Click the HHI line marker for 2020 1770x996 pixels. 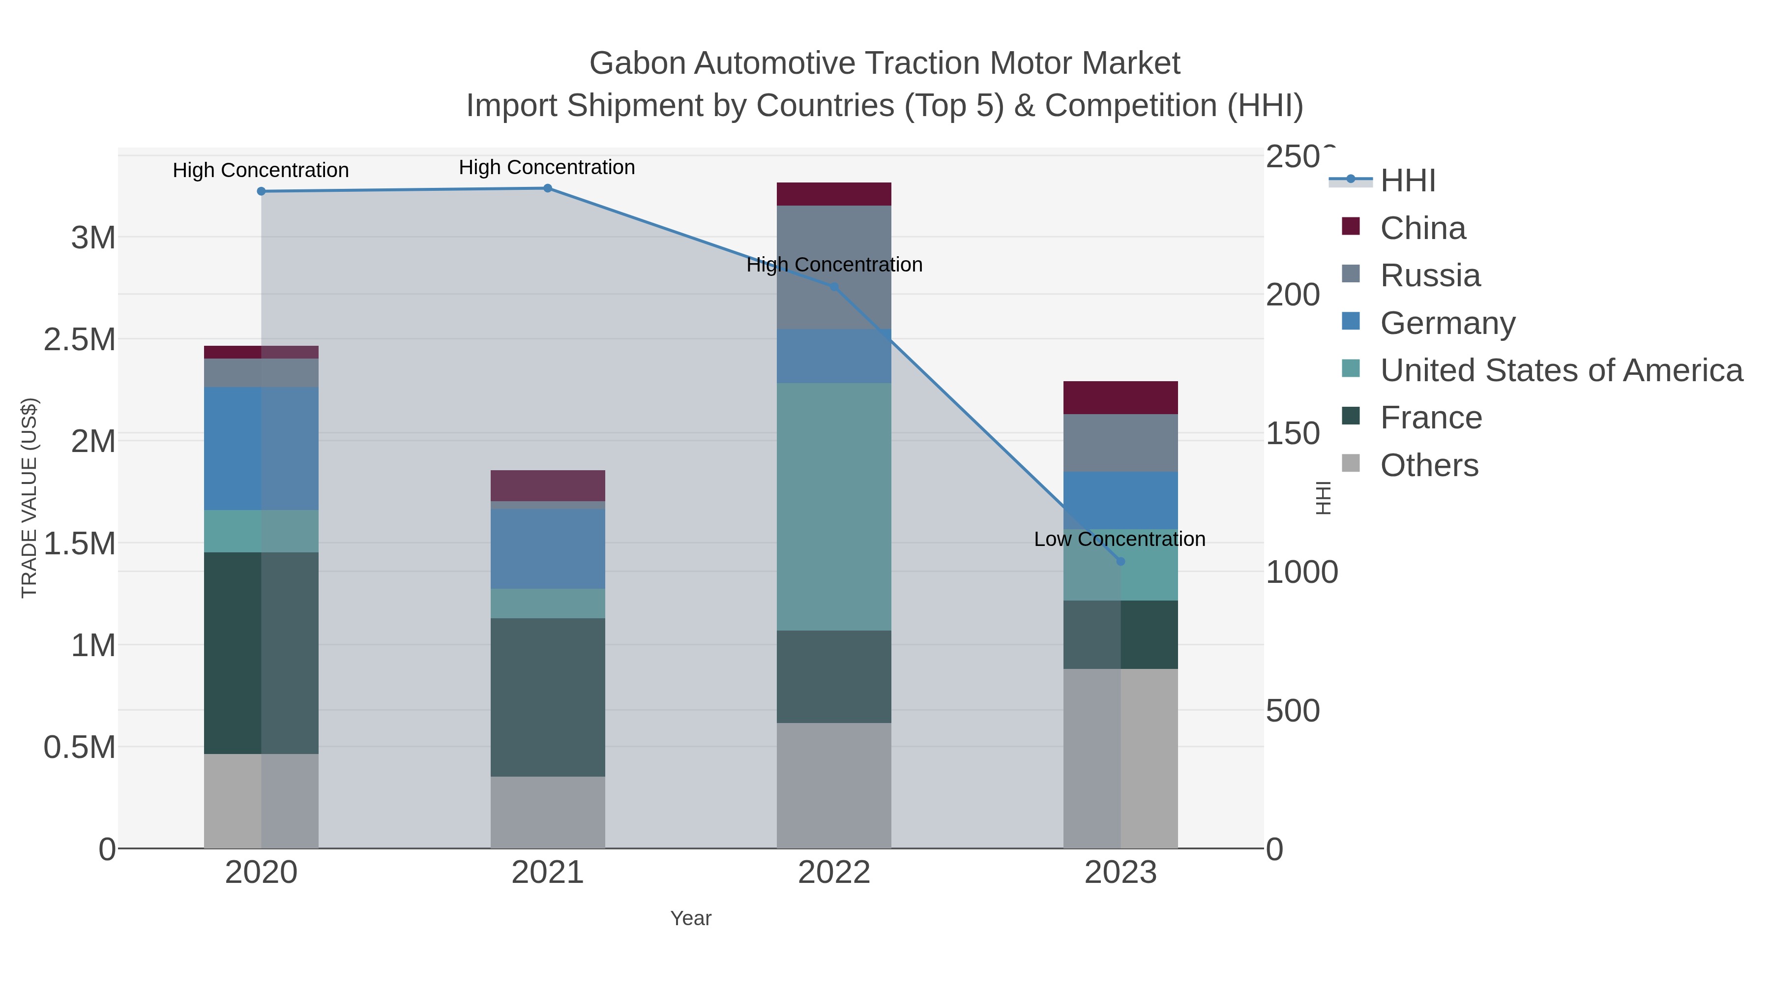[x=261, y=191]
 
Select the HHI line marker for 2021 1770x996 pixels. [x=548, y=188]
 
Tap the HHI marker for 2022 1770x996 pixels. [x=834, y=287]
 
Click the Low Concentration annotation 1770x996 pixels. [x=1120, y=539]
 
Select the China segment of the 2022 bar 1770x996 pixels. [x=834, y=194]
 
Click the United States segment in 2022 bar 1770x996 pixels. [x=834, y=507]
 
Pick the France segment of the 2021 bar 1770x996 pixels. [x=548, y=697]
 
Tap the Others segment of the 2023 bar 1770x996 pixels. [x=1121, y=758]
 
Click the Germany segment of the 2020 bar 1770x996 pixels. [x=261, y=448]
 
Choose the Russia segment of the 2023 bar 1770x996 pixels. [x=1121, y=443]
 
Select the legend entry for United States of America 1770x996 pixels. [x=1561, y=370]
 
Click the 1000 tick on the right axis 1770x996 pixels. [x=1301, y=572]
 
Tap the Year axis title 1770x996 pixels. [x=691, y=918]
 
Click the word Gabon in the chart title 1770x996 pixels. [x=637, y=63]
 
